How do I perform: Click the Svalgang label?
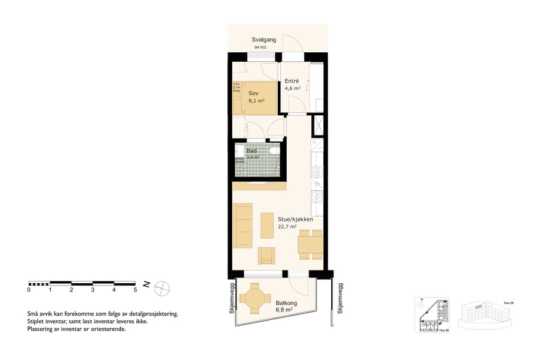(263, 40)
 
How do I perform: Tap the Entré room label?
(292, 81)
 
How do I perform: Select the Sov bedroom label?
(253, 93)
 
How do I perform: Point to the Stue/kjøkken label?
(295, 219)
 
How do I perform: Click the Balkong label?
(284, 303)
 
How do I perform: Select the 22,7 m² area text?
(288, 227)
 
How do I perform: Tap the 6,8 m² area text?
(284, 310)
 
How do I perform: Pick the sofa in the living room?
(243, 225)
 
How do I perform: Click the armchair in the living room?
(266, 256)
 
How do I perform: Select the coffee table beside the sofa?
(266, 224)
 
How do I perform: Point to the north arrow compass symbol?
(162, 289)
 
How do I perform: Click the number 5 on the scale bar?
(136, 290)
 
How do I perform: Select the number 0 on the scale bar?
(29, 290)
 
